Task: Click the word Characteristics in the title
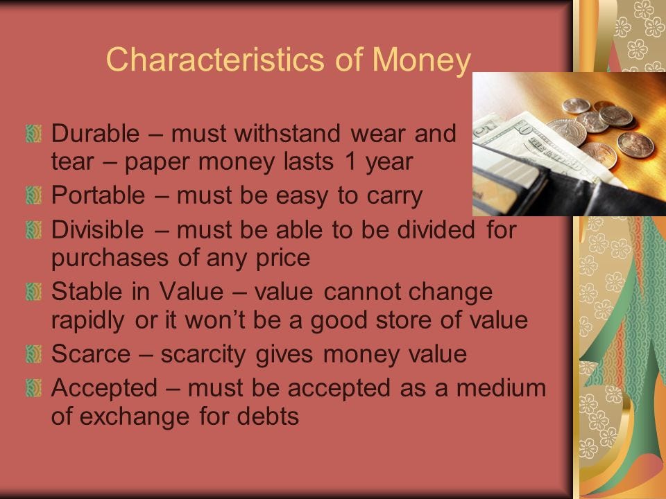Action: tap(215, 60)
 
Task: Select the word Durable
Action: tap(96, 133)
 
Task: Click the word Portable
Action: tap(98, 195)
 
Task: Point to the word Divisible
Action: tap(98, 229)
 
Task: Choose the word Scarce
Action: tap(91, 354)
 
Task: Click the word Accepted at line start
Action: tap(105, 388)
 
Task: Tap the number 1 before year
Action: tap(351, 161)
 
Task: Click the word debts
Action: tap(268, 416)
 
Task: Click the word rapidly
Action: tap(88, 321)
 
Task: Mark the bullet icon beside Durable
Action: tap(33, 133)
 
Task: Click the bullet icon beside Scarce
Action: tap(33, 354)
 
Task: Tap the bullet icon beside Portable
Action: tap(33, 195)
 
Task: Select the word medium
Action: tap(501, 388)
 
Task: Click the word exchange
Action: tap(135, 417)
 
